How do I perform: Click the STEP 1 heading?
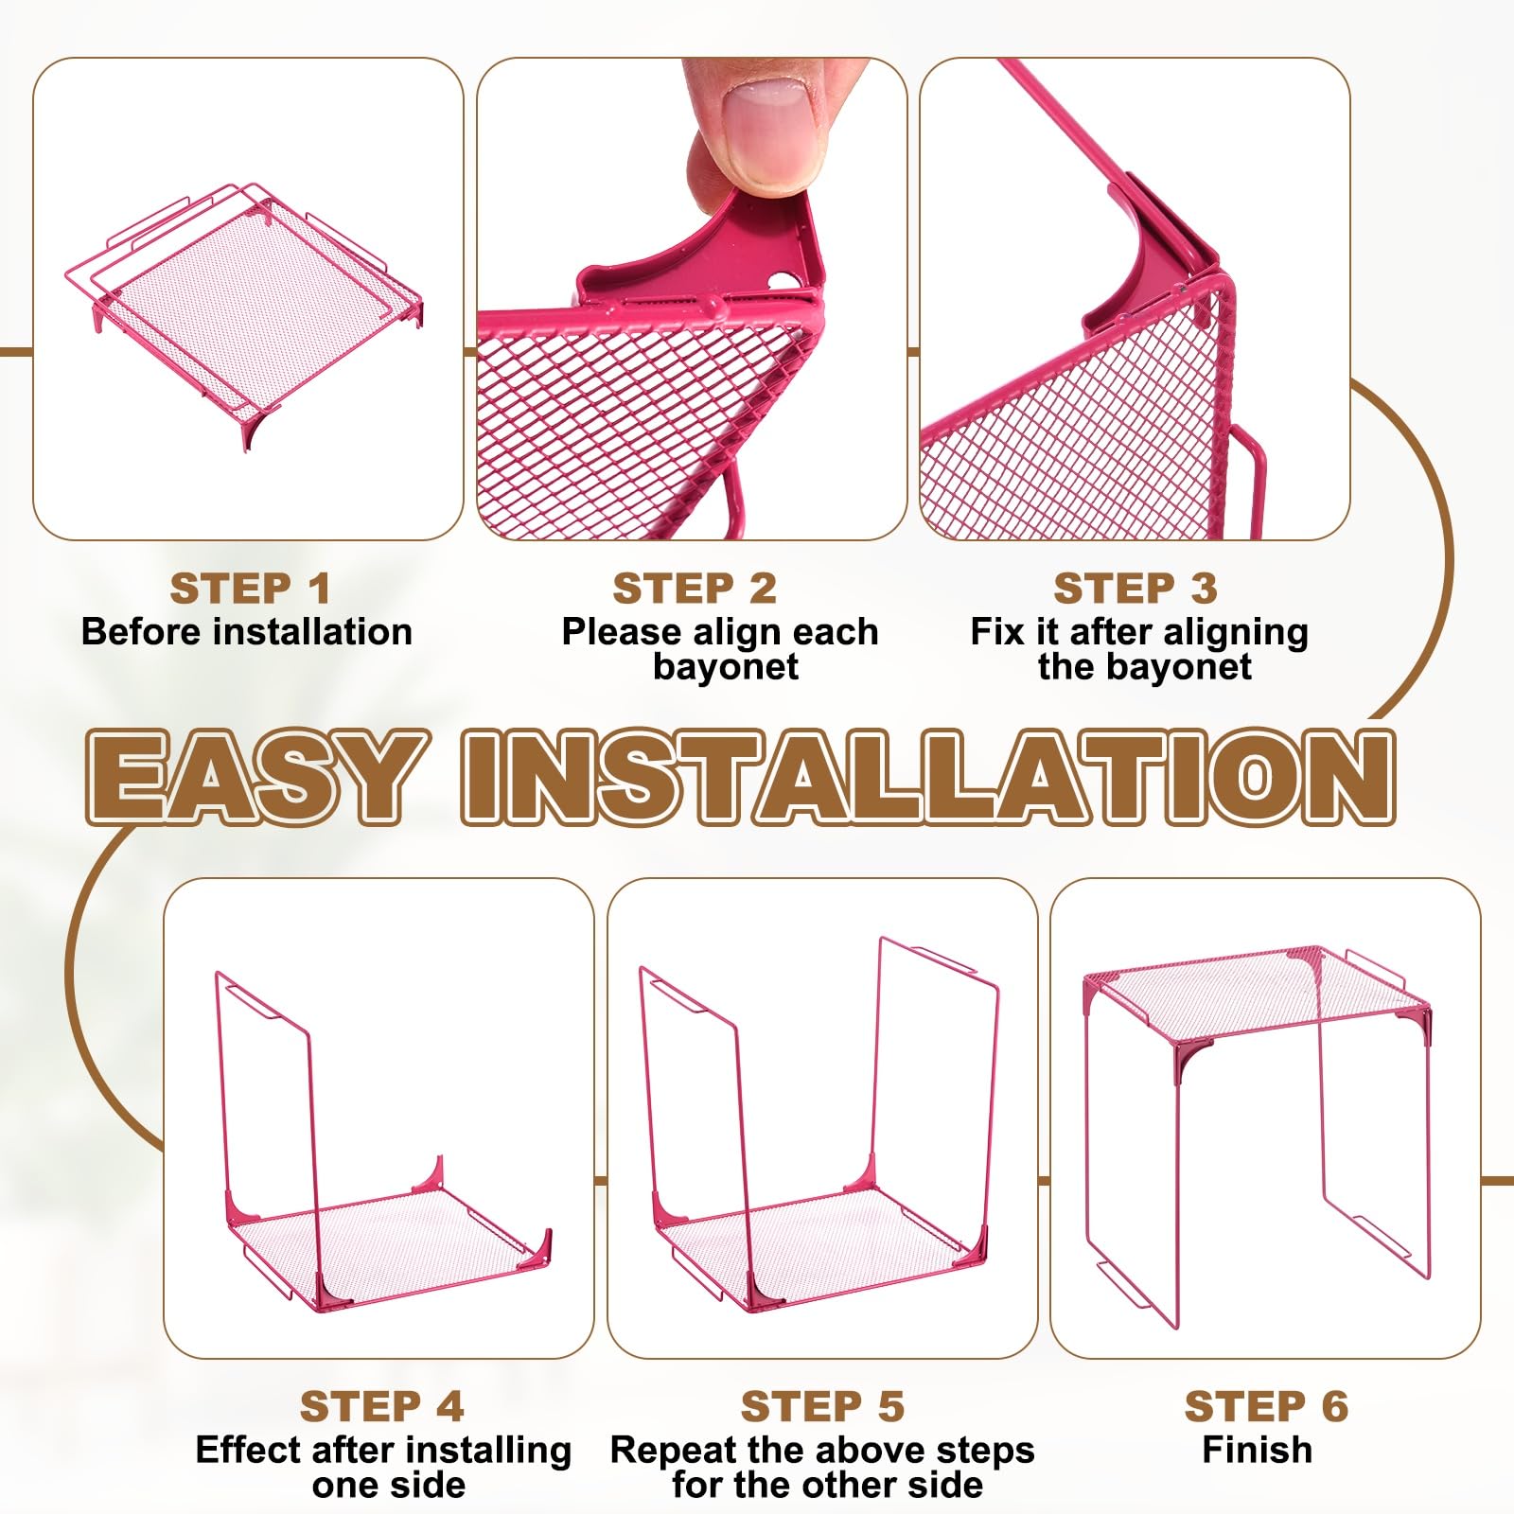pyautogui.click(x=250, y=589)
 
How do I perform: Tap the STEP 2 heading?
pyautogui.click(x=695, y=589)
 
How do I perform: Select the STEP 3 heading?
pyautogui.click(x=1135, y=589)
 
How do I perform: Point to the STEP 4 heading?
pyautogui.click(x=382, y=1406)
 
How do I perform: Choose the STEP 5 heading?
pyautogui.click(x=823, y=1406)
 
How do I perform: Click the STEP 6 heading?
pyautogui.click(x=1266, y=1406)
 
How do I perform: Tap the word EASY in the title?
pyautogui.click(x=252, y=776)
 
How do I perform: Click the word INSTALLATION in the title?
pyautogui.click(x=929, y=776)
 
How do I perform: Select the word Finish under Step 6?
pyautogui.click(x=1258, y=1450)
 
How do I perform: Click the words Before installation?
pyautogui.click(x=247, y=631)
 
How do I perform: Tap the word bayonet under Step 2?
pyautogui.click(x=726, y=667)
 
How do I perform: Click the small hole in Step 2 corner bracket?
pyautogui.click(x=782, y=281)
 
